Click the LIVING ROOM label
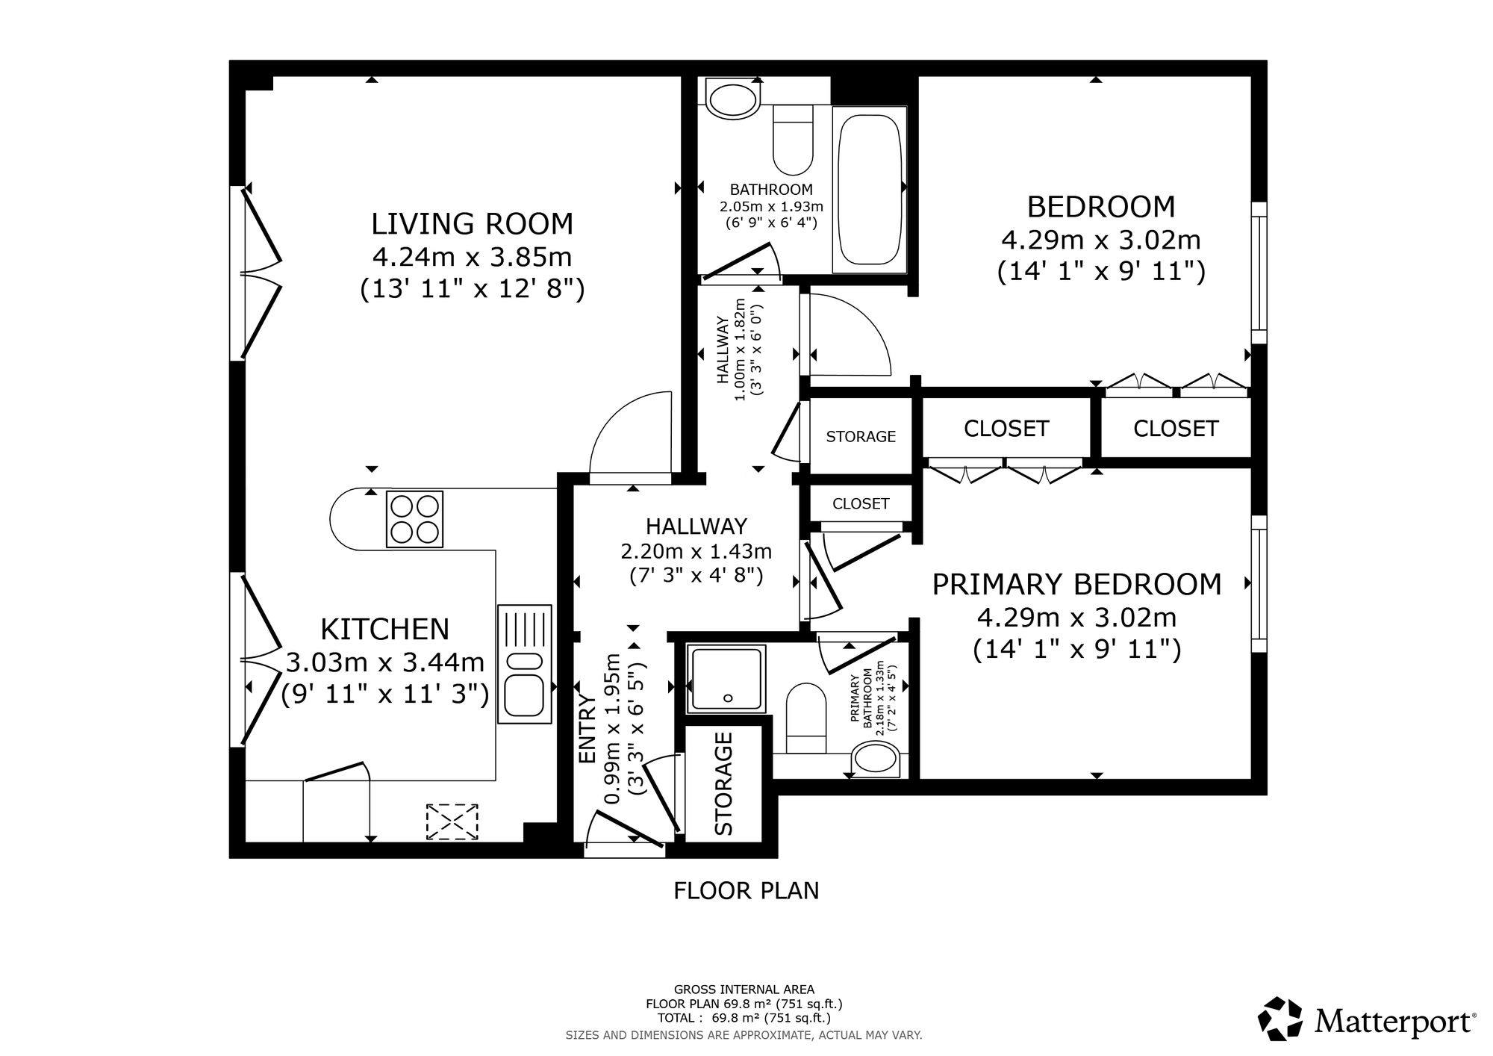[473, 224]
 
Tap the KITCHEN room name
[384, 630]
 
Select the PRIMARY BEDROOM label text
[1077, 584]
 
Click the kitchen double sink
[524, 664]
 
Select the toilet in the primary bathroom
[807, 718]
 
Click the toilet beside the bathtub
[793, 140]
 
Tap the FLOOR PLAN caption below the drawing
[746, 890]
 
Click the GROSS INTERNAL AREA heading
[744, 990]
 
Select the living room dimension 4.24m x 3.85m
[472, 257]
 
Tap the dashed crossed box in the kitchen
[452, 822]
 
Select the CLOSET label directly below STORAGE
[861, 504]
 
